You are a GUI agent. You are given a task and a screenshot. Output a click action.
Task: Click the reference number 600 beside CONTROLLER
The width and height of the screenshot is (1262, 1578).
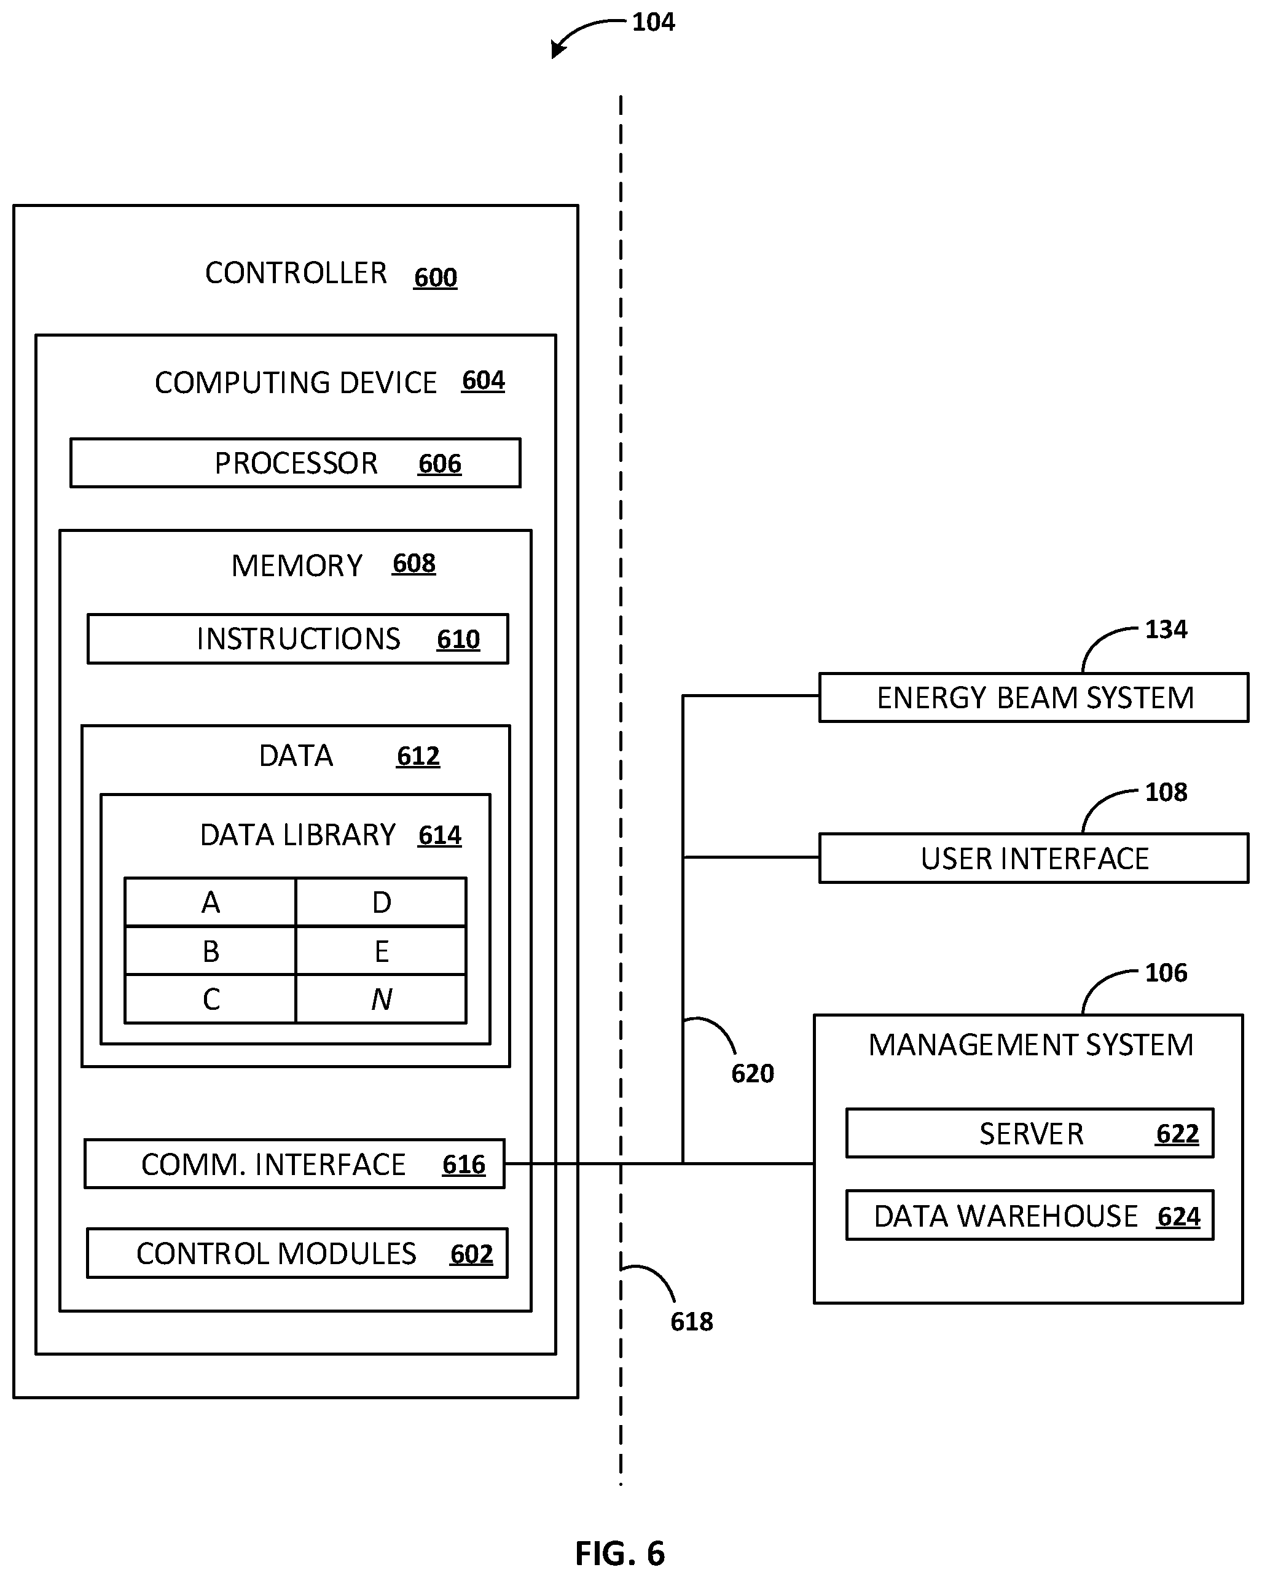[x=436, y=278]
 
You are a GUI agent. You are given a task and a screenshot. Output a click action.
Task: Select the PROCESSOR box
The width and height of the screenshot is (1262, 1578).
[x=296, y=463]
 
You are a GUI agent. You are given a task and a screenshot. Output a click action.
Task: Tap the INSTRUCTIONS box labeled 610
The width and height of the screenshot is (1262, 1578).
[x=298, y=639]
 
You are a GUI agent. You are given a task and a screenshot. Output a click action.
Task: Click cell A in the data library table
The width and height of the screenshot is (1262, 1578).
[x=211, y=902]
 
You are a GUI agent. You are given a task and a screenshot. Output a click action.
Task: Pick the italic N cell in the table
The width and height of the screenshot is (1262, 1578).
[x=382, y=999]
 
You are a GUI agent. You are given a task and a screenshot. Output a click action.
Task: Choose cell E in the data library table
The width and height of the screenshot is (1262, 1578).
[x=382, y=951]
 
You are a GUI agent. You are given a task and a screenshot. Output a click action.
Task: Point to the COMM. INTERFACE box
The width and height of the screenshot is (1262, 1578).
[x=295, y=1164]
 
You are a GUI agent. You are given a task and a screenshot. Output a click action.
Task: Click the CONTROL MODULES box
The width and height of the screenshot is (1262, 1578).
[x=297, y=1254]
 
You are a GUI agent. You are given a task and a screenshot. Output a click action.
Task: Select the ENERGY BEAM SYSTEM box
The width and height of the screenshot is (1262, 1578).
[x=1033, y=698]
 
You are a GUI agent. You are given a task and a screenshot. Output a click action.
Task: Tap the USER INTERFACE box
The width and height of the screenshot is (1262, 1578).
[x=1033, y=859]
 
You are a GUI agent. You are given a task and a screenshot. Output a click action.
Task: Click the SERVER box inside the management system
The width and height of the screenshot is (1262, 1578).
[x=1030, y=1134]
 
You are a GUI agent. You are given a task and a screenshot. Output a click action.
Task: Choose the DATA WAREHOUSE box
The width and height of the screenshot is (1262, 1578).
[x=1030, y=1216]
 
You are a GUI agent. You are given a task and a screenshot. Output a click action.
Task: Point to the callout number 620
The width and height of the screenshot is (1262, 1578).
[x=753, y=1074]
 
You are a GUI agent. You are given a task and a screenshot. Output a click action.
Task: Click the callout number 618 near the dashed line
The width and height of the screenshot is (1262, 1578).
[x=692, y=1322]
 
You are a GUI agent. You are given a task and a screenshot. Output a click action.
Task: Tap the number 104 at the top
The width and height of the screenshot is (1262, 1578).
[x=654, y=23]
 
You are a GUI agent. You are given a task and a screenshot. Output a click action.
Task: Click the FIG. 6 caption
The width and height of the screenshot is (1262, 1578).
[x=620, y=1553]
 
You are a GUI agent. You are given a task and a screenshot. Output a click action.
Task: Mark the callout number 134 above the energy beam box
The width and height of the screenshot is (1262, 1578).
[x=1166, y=630]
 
